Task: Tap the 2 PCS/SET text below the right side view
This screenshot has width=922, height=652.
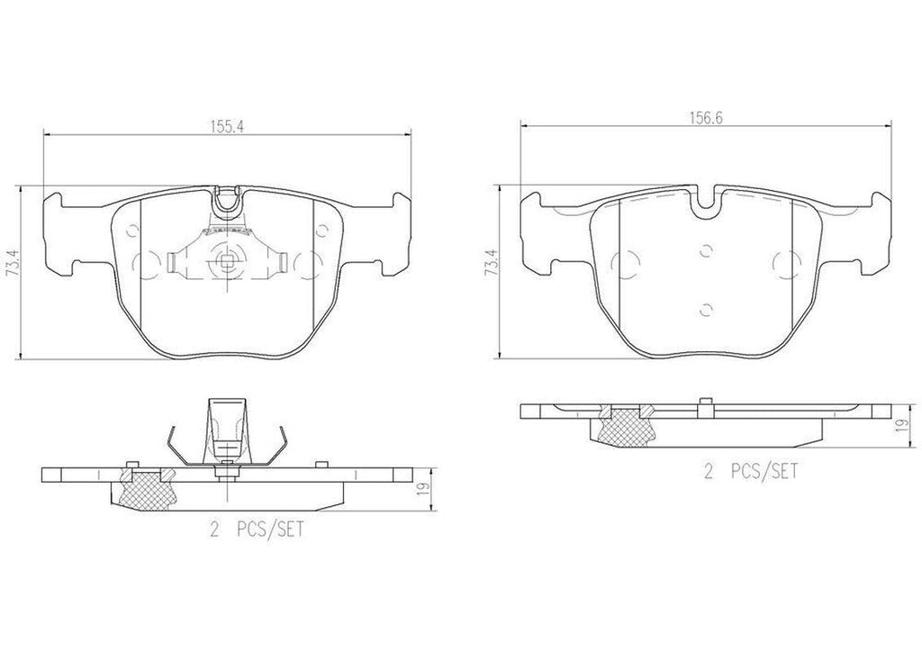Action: click(x=750, y=470)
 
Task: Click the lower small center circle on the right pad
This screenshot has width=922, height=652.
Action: click(x=706, y=309)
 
